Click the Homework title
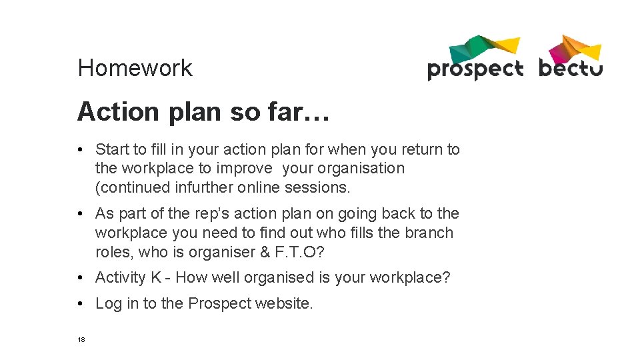point(135,68)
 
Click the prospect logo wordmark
point(475,69)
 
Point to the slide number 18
point(81,339)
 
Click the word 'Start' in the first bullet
point(113,149)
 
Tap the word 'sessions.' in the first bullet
point(317,187)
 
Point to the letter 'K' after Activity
point(156,277)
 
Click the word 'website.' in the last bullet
point(283,303)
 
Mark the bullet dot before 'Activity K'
point(80,277)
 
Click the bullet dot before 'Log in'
point(80,303)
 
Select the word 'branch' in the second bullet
point(431,233)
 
